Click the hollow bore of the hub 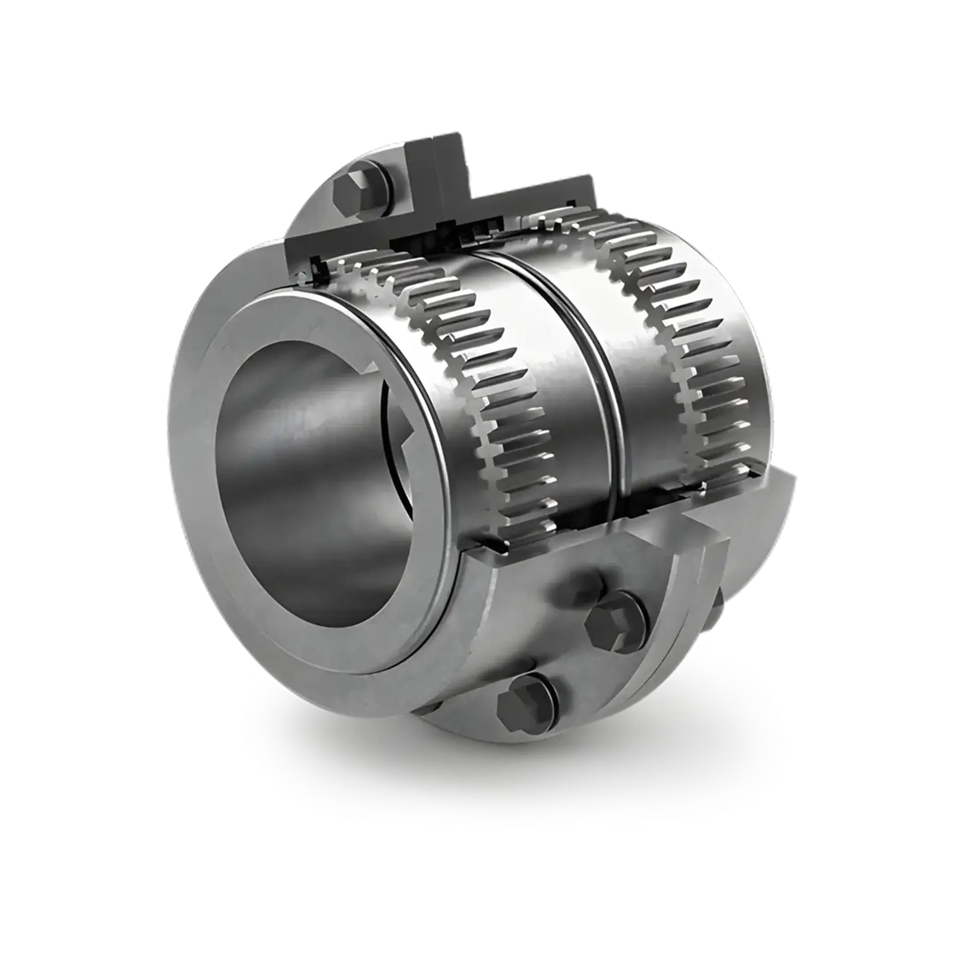point(312,453)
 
